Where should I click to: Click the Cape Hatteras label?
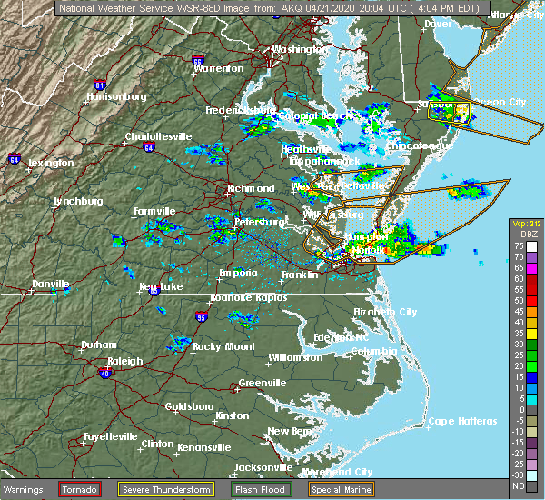(x=462, y=421)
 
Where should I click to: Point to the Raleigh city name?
(x=124, y=361)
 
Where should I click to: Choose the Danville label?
(x=51, y=284)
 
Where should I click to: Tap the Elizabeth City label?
(x=385, y=312)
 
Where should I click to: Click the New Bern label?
(x=289, y=431)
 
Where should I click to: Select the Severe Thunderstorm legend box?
(x=166, y=489)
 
